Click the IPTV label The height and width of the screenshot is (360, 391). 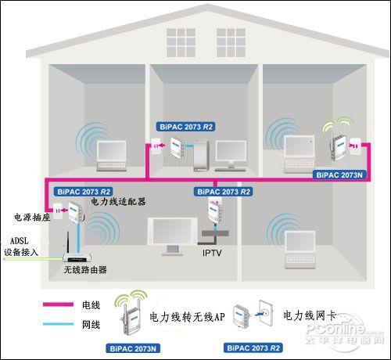tap(212, 253)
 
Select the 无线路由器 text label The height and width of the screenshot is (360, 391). tap(85, 269)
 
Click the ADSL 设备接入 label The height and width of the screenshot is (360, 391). tap(20, 247)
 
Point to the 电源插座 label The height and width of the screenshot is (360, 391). tap(32, 217)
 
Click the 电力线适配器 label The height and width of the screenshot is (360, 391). tap(118, 201)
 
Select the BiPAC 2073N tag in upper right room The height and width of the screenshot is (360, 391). tap(339, 175)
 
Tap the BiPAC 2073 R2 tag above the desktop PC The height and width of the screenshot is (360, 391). tap(186, 127)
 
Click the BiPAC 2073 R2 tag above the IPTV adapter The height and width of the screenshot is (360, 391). tap(224, 192)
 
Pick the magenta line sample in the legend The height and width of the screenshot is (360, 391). tap(58, 304)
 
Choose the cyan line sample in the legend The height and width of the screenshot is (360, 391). tap(58, 324)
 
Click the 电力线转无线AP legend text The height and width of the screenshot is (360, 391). tap(187, 317)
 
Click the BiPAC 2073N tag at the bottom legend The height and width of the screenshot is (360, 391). tap(133, 348)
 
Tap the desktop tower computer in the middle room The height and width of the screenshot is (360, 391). tap(201, 156)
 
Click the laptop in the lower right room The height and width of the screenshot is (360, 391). tap(300, 250)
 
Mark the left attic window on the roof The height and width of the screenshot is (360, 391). tap(181, 43)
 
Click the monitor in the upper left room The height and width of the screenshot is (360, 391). tap(112, 156)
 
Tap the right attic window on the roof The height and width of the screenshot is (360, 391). tap(231, 43)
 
